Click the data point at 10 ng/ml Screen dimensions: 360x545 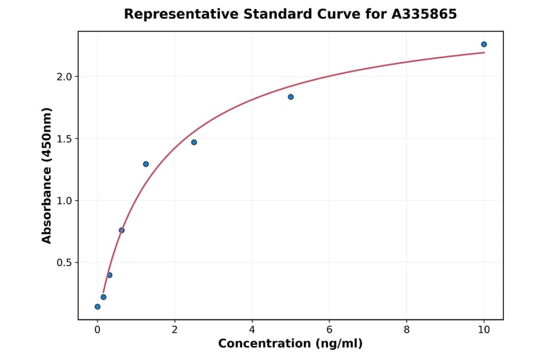click(x=484, y=44)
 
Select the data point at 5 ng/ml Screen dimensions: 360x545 click(x=291, y=97)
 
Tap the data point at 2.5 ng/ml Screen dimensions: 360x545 click(x=194, y=142)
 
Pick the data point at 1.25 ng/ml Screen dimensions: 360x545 click(x=146, y=164)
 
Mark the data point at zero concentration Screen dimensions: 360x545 click(x=97, y=307)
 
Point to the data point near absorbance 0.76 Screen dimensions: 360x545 click(x=122, y=230)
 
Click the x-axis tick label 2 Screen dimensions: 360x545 click(x=174, y=330)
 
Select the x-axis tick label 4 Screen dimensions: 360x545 click(x=252, y=330)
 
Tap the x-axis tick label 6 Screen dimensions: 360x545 click(x=329, y=330)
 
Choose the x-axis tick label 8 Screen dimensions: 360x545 click(x=406, y=330)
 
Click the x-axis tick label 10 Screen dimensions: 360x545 click(x=484, y=330)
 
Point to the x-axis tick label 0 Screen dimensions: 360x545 click(x=97, y=330)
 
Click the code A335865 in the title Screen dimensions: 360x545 click(x=423, y=14)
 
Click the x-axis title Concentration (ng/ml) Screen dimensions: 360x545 click(x=291, y=344)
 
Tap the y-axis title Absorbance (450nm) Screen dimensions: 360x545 click(x=47, y=175)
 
